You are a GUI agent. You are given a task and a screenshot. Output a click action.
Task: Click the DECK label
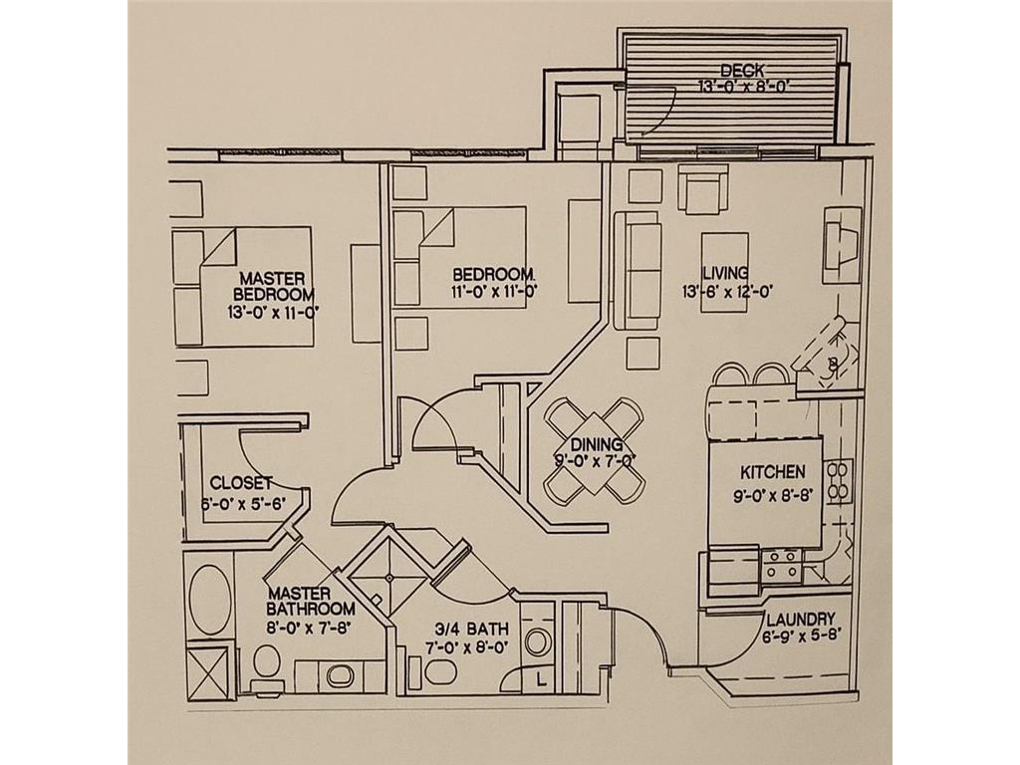[742, 71]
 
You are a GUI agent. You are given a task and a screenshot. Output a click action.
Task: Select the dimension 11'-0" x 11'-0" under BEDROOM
[494, 291]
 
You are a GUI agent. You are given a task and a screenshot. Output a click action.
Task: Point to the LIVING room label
[725, 273]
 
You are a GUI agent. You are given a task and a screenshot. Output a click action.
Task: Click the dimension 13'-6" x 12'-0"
[726, 292]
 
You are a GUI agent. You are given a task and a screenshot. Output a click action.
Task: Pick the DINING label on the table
[597, 445]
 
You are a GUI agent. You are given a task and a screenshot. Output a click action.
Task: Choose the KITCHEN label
[773, 471]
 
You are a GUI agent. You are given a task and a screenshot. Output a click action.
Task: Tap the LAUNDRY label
[800, 619]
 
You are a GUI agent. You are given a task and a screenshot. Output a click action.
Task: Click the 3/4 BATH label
[471, 630]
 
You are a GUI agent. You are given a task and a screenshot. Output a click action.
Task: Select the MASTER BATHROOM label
[311, 602]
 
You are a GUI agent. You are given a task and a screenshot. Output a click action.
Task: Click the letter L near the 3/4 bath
[541, 680]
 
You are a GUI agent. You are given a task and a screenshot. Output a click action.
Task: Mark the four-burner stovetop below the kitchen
[781, 564]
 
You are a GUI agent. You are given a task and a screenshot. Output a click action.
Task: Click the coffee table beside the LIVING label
[724, 272]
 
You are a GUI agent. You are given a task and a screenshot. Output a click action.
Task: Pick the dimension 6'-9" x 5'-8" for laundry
[802, 636]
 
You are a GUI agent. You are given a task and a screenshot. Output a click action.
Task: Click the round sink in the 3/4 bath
[537, 641]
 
